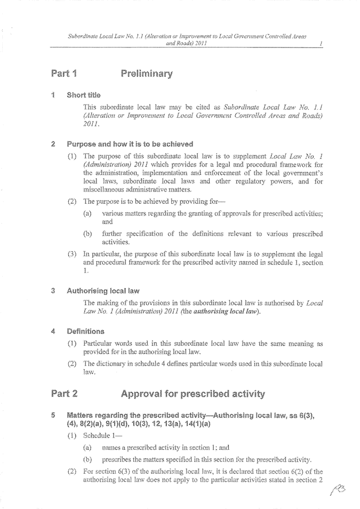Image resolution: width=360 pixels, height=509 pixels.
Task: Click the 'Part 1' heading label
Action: (x=64, y=73)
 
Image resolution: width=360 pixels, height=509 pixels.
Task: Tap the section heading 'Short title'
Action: (x=83, y=96)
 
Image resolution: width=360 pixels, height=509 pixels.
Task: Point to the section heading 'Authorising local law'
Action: (x=103, y=291)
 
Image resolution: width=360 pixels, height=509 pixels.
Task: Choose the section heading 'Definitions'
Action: (x=85, y=331)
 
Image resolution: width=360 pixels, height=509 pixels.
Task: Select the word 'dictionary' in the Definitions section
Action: (x=112, y=364)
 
